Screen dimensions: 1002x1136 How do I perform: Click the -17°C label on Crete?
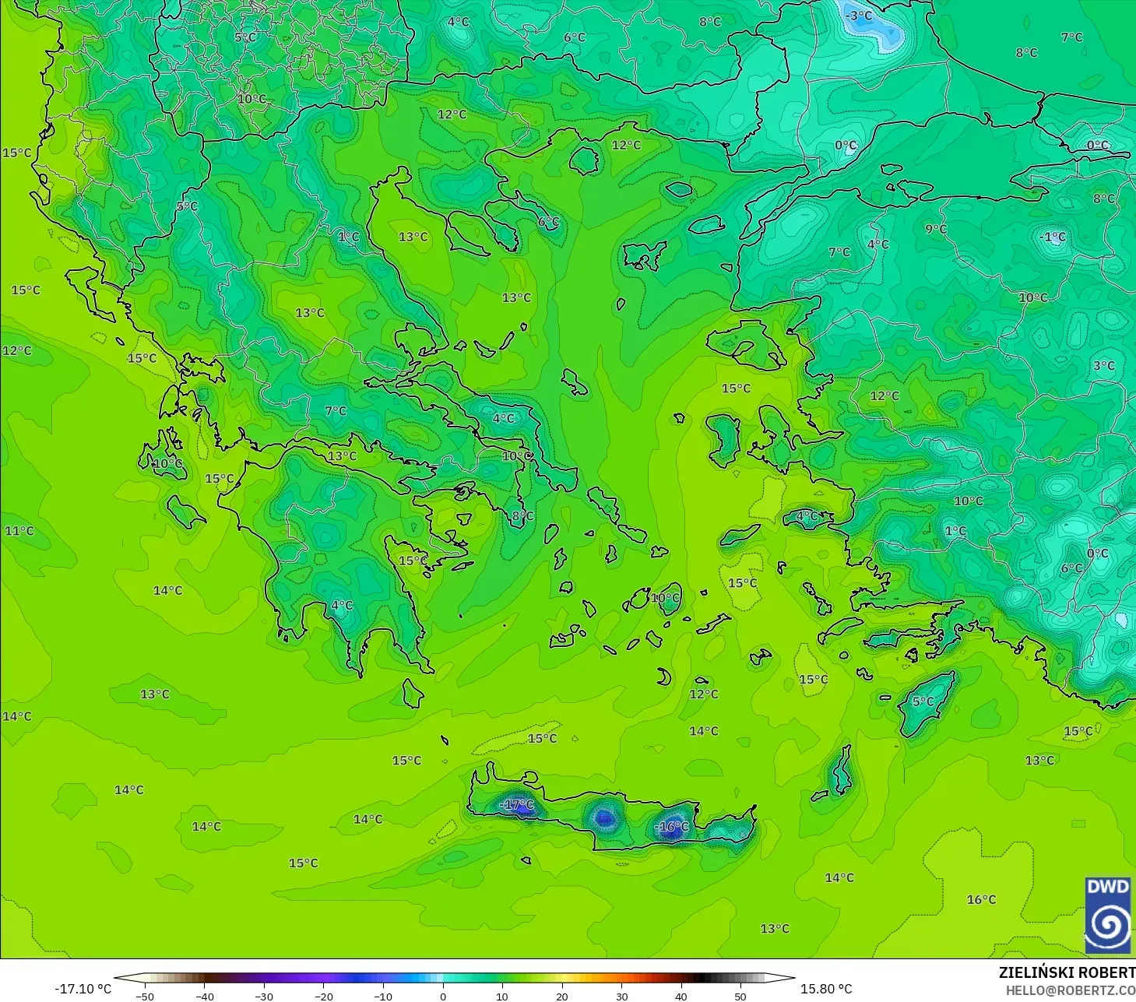(517, 804)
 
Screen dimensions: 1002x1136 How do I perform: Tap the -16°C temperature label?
(671, 826)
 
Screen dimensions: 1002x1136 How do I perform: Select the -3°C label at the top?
(859, 16)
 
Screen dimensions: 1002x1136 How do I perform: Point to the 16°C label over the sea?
(981, 899)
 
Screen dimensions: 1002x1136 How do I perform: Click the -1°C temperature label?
(1053, 237)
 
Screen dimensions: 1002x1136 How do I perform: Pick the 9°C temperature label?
(936, 229)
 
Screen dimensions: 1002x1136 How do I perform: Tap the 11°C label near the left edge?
(19, 531)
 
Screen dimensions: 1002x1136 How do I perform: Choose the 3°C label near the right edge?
(1103, 365)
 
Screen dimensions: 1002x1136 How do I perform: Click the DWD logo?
(1107, 915)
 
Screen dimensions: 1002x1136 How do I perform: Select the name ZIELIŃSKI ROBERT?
(1067, 972)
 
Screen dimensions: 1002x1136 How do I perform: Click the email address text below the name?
(1070, 990)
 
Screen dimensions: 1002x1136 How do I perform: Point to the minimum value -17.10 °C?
(83, 989)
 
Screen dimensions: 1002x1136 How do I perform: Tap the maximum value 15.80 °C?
(826, 989)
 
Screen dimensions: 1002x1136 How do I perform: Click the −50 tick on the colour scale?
(145, 996)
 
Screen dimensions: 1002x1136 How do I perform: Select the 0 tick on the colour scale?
(443, 996)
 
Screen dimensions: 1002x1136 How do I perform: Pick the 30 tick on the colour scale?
(621, 996)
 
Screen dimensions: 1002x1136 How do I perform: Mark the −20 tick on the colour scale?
(324, 996)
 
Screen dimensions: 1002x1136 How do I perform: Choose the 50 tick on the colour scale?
(740, 996)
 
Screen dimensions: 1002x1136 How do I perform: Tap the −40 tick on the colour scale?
(204, 996)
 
